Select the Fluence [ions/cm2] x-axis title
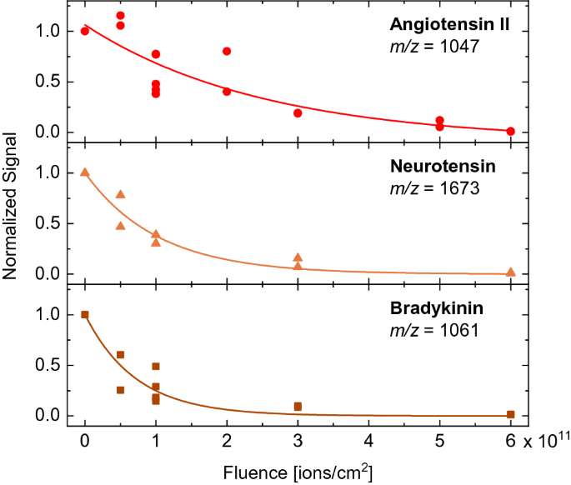pos(298,472)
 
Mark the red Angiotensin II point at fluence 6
pos(510,131)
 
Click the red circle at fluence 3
pos(298,112)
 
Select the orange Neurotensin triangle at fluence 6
pos(510,272)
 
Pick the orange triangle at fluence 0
pos(85,172)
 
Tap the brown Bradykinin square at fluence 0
pos(85,314)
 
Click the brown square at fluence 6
pos(510,414)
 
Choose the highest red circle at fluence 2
pos(227,51)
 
